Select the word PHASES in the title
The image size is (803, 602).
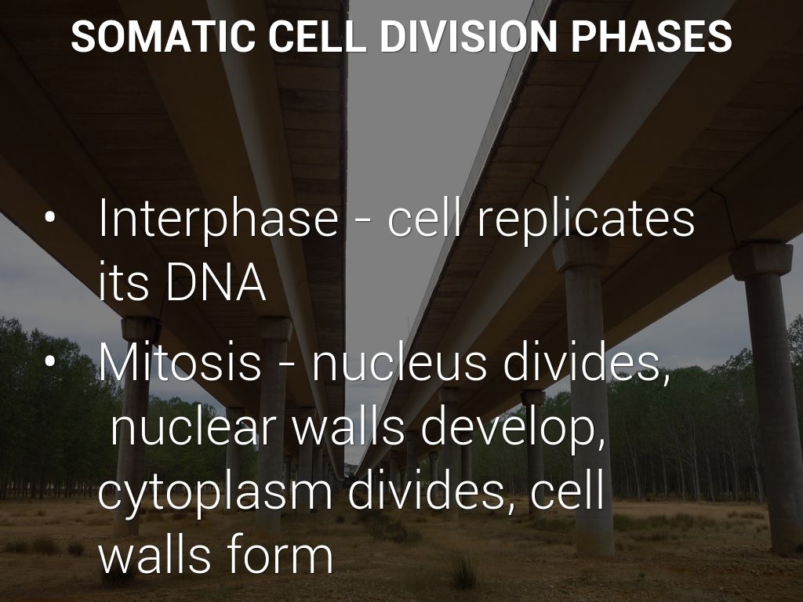coord(651,36)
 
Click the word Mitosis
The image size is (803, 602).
coord(180,361)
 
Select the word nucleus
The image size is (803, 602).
coord(398,361)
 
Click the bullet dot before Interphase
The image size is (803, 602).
coord(49,217)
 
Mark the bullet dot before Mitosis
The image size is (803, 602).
coord(49,361)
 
